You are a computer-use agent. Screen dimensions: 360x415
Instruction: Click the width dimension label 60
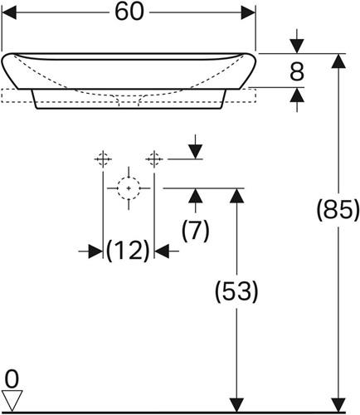(129, 12)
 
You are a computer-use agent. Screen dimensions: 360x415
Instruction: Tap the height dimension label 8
(297, 71)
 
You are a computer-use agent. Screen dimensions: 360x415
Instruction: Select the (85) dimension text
(338, 209)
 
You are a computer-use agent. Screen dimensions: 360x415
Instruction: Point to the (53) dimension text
(236, 291)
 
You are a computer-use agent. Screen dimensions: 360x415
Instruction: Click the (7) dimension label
(196, 230)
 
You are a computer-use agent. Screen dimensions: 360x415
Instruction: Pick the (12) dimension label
(128, 251)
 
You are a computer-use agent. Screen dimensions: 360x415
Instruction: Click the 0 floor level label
(12, 379)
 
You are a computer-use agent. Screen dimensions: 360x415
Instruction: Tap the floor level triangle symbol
(12, 401)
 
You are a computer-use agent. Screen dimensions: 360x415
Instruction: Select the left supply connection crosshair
(103, 159)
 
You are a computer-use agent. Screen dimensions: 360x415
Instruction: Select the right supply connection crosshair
(154, 159)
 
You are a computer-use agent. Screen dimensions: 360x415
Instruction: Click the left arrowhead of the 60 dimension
(9, 12)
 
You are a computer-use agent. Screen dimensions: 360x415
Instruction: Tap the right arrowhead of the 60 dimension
(248, 12)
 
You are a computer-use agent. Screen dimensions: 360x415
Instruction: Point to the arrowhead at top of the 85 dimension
(338, 61)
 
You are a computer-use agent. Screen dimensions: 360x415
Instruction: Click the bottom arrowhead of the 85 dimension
(338, 405)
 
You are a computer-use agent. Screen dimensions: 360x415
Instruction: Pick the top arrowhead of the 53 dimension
(236, 195)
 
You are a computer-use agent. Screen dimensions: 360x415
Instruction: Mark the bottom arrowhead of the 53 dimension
(236, 405)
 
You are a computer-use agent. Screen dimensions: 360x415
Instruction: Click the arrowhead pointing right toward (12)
(95, 251)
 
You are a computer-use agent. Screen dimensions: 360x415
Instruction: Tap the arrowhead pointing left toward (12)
(162, 251)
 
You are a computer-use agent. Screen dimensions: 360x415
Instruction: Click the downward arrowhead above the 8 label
(297, 46)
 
